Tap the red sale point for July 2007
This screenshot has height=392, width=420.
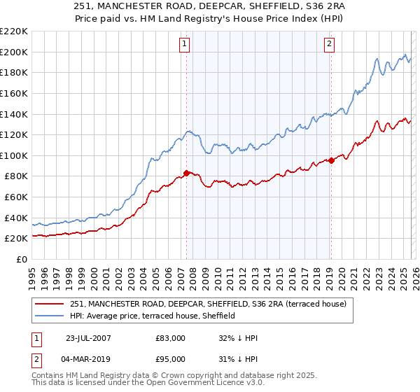(186, 172)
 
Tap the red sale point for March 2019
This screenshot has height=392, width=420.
(330, 160)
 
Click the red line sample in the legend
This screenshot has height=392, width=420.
(50, 304)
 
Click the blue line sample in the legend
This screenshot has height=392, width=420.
(50, 316)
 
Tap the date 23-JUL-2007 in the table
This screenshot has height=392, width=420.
(90, 338)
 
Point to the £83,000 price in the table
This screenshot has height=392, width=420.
(171, 338)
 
